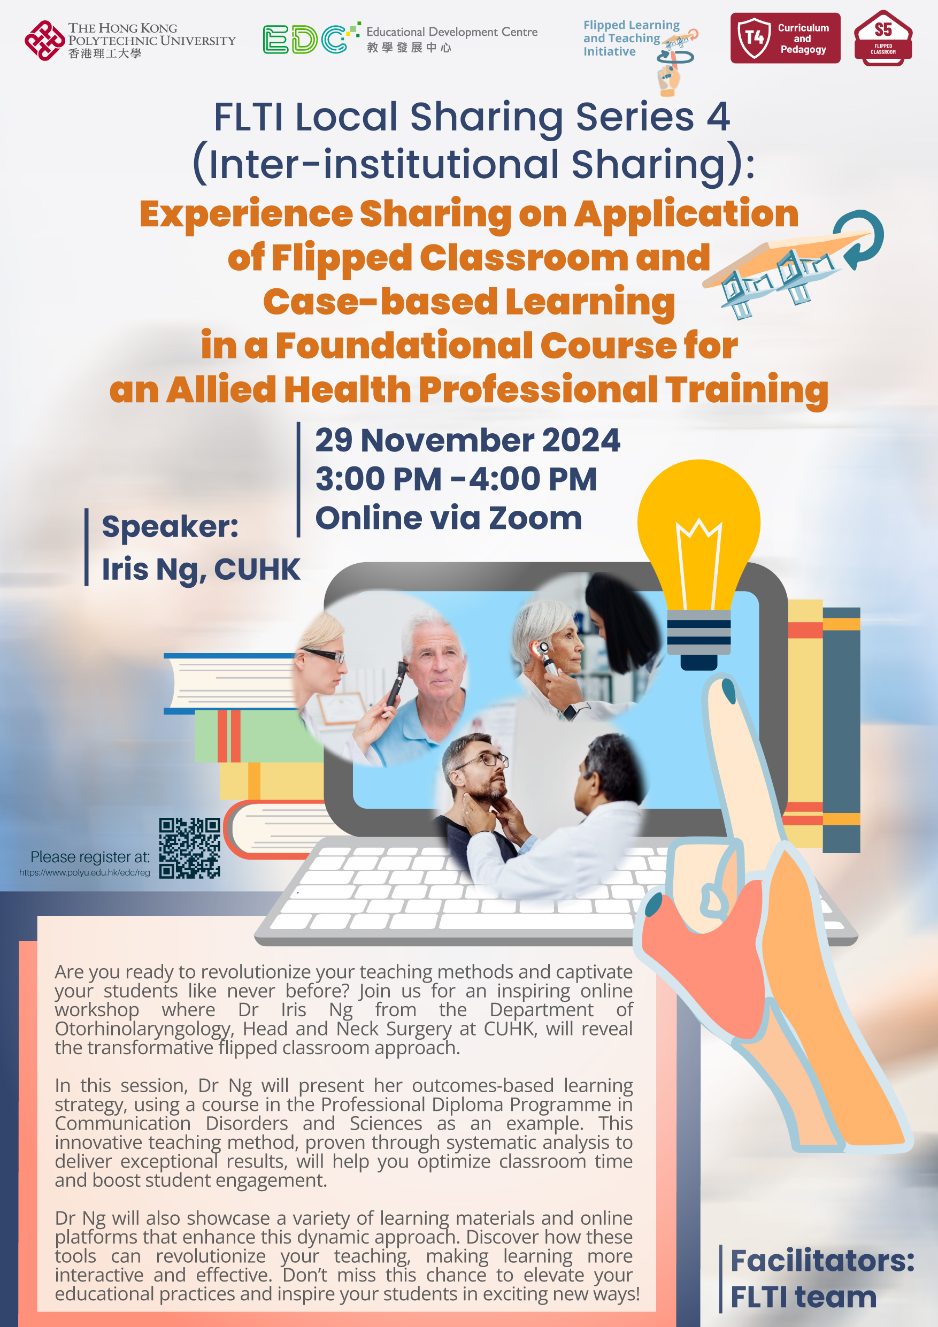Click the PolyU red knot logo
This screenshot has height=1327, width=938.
point(44,41)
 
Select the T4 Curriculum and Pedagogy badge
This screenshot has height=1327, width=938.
point(785,38)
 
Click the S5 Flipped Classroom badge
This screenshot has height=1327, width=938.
point(882,38)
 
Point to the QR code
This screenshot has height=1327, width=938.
point(189,848)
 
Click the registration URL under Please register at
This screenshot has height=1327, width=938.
point(84,873)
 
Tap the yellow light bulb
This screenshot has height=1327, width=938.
point(699,564)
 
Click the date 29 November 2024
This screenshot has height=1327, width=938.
point(467,440)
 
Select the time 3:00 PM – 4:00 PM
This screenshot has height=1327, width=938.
point(456,479)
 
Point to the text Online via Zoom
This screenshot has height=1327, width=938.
point(449,518)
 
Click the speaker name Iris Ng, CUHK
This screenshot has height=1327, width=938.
point(201,569)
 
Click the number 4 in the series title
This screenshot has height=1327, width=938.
point(718,117)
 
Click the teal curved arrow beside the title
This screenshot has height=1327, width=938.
point(862,238)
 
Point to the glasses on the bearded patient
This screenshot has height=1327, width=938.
point(485,762)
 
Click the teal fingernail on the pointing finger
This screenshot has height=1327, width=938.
point(729,691)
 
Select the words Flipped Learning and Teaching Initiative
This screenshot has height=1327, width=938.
point(631,38)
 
